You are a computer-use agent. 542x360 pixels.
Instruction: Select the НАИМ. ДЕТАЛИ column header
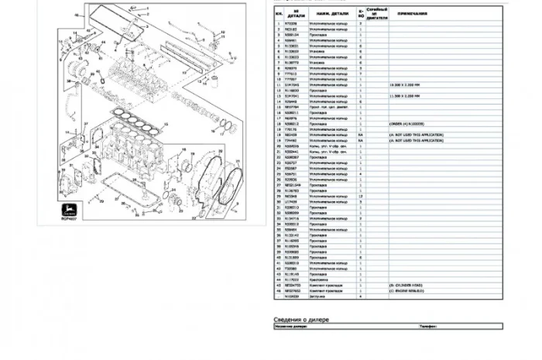pos(330,12)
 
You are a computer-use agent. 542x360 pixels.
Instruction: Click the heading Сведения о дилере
pos(302,319)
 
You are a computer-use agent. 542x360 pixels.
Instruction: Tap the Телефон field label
pos(430,327)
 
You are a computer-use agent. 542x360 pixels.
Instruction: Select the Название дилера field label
pos(292,327)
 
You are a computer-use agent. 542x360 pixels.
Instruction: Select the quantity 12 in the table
pos(361,197)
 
